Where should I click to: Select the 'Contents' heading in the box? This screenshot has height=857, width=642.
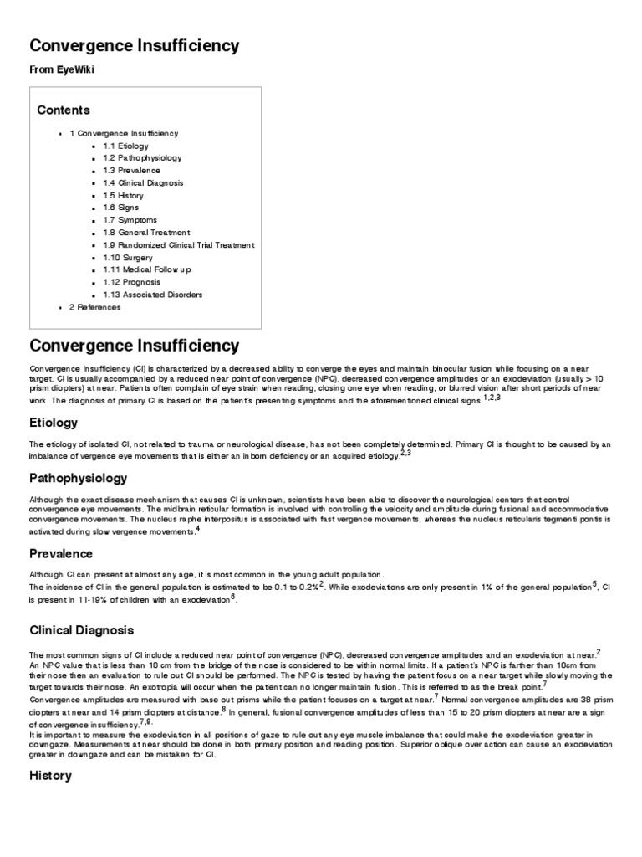[64, 110]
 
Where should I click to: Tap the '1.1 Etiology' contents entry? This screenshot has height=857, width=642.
[125, 146]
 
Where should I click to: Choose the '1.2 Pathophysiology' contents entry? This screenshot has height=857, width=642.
[142, 158]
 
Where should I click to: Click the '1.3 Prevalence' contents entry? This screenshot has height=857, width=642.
[132, 171]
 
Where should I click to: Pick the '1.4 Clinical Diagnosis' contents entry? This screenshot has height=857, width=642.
[143, 183]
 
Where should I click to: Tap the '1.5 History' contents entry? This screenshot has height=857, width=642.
[123, 196]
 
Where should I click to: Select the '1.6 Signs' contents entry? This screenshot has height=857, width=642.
[121, 208]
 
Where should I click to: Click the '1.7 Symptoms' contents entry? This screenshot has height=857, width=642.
[130, 220]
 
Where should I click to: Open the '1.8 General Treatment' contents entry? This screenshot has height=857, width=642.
[146, 233]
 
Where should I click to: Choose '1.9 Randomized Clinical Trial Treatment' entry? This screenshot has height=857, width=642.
[178, 245]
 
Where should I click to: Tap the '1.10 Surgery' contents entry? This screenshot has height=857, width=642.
[128, 258]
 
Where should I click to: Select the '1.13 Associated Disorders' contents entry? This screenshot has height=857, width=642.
[152, 295]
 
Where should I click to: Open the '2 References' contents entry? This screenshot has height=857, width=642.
[94, 308]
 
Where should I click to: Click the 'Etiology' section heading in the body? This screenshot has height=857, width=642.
[54, 423]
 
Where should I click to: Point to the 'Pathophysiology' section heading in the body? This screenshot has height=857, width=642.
[79, 479]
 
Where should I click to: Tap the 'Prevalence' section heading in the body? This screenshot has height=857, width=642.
[61, 554]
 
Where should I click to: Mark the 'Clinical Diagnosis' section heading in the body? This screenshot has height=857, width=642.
[81, 629]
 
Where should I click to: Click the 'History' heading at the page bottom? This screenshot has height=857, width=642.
[51, 776]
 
